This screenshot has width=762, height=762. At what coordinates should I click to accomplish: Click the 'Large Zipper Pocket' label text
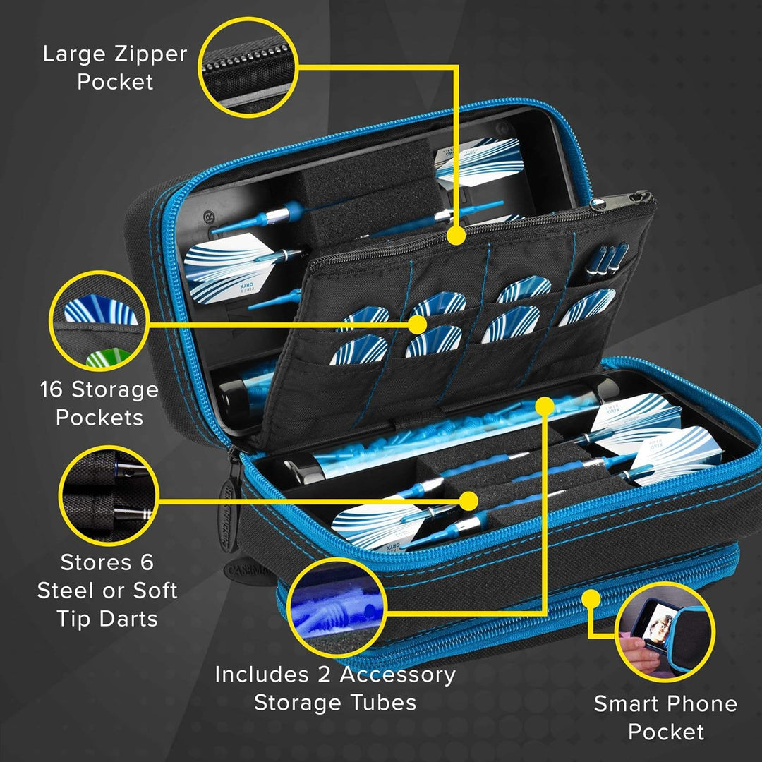(115, 68)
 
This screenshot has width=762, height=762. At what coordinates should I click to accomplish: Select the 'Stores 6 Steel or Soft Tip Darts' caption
(107, 591)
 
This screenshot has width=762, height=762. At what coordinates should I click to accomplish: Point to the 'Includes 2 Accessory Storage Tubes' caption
(335, 688)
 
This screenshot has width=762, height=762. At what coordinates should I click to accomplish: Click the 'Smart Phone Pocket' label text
(665, 717)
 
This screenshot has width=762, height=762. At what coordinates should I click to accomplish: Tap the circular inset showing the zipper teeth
(248, 68)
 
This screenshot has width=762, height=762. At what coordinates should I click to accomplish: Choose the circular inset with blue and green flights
(99, 321)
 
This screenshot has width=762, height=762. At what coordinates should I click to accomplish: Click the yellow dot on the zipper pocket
(456, 236)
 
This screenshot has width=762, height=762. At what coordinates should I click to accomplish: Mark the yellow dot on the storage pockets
(418, 325)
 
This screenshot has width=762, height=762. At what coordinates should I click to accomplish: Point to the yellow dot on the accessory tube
(544, 405)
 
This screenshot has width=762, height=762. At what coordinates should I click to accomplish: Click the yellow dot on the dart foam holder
(468, 500)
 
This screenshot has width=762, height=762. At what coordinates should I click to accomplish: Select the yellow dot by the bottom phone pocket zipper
(591, 599)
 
